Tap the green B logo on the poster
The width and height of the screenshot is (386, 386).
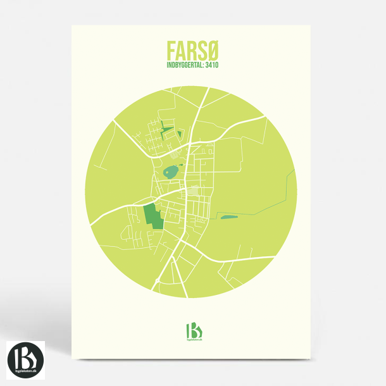point(193,330)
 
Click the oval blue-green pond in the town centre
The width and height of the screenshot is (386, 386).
point(171,171)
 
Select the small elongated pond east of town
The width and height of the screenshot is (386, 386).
point(228,218)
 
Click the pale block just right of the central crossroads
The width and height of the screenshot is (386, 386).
point(193,190)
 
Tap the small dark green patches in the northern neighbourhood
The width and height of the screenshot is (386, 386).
point(168,130)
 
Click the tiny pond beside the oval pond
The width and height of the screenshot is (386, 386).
point(180,164)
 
